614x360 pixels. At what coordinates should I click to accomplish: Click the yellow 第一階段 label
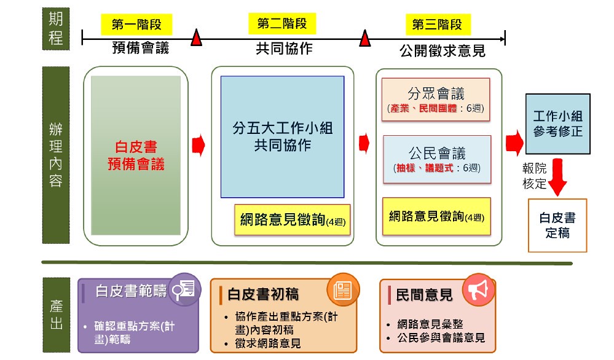click(x=136, y=24)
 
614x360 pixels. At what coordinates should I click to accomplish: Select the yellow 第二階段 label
click(x=282, y=23)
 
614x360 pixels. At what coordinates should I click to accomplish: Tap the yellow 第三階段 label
click(x=438, y=24)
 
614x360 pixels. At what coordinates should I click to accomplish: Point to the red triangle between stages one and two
click(x=196, y=38)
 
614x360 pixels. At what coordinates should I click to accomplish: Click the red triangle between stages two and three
click(x=365, y=38)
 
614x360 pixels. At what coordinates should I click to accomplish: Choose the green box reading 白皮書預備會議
click(x=136, y=155)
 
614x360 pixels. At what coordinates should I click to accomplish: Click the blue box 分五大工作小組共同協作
click(x=282, y=136)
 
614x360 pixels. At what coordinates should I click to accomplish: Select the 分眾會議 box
click(x=436, y=100)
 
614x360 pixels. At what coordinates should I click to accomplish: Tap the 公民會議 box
click(x=437, y=159)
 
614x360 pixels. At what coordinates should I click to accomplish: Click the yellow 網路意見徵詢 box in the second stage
click(x=293, y=219)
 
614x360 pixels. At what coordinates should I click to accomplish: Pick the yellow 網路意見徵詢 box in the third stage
click(x=436, y=216)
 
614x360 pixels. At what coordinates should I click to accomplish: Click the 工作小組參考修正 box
click(x=557, y=123)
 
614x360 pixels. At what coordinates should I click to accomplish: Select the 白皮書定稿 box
click(x=557, y=225)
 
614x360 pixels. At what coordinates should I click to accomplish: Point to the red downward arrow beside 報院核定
click(x=557, y=177)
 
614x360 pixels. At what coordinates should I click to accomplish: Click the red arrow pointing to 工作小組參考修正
click(x=514, y=143)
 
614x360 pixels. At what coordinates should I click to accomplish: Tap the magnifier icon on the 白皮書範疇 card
click(x=184, y=290)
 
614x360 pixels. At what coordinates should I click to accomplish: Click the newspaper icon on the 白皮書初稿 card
click(x=343, y=290)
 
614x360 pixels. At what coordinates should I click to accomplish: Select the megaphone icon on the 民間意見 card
click(x=479, y=290)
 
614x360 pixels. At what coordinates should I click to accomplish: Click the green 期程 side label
click(x=56, y=28)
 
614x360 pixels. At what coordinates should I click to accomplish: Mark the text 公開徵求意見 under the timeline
click(x=443, y=51)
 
